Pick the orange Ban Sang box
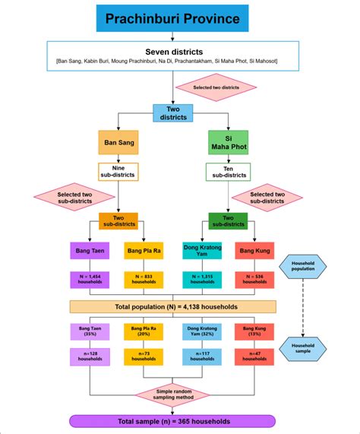118,142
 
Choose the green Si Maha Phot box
228,142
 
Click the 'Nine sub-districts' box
118,172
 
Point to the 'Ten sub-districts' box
228,172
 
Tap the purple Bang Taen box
90,249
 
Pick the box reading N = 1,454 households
90,279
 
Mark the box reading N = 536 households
254,279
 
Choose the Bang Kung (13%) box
254,331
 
